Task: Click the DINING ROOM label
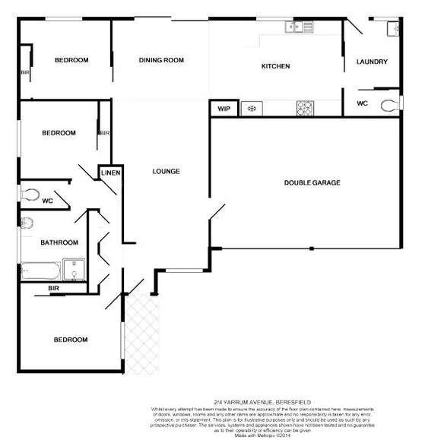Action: (161, 60)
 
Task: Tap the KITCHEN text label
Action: (275, 66)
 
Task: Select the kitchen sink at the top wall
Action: (299, 27)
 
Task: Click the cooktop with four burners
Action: (305, 108)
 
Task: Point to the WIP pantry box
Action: (224, 109)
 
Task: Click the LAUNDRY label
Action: (372, 62)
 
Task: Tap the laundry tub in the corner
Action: (392, 29)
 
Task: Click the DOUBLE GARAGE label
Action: (312, 182)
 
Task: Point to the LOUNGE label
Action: (166, 171)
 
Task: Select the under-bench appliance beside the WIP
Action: (249, 109)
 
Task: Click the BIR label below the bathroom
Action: (53, 289)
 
